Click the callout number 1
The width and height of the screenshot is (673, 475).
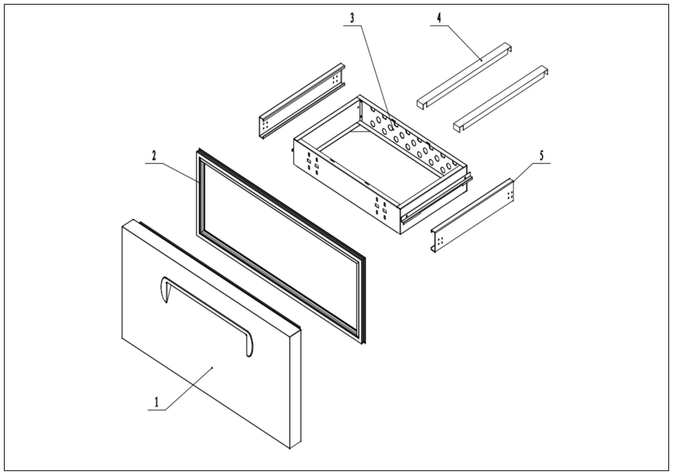click(156, 402)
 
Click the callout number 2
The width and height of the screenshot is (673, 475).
click(154, 155)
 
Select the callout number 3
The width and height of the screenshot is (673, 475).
click(352, 18)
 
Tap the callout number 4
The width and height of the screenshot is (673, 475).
click(439, 18)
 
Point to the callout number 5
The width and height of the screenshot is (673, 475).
click(541, 155)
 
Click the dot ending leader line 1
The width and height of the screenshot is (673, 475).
click(212, 367)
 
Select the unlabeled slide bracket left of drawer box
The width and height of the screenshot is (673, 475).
click(302, 101)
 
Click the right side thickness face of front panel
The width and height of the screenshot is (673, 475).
click(295, 390)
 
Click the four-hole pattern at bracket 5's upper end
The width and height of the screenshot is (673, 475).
click(510, 195)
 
